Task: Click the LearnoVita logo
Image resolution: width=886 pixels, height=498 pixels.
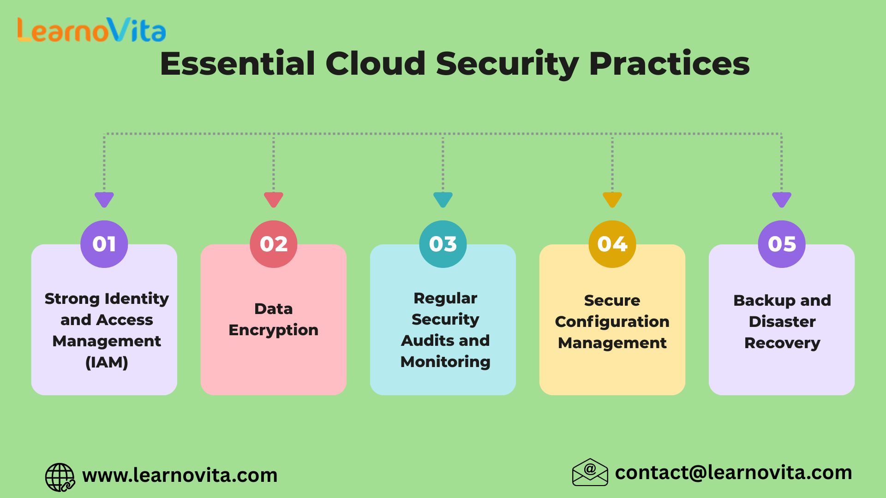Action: point(91,30)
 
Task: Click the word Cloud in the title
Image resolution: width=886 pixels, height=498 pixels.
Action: point(376,63)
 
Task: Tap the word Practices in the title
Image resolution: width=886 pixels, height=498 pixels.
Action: point(670,63)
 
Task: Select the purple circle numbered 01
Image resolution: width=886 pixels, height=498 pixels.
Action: point(104,244)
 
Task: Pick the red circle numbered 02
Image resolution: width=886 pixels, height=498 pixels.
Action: point(274,244)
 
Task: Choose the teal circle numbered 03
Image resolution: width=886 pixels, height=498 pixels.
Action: point(443,244)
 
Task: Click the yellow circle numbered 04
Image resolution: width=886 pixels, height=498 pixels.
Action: point(612,244)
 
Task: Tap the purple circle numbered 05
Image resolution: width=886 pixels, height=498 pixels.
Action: point(782,244)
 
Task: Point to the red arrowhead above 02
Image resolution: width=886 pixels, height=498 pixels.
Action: point(274,199)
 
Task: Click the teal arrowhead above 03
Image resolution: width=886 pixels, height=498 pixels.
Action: point(443,199)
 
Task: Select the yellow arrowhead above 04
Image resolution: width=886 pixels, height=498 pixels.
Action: point(612,199)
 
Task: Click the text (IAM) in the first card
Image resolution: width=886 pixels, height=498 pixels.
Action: point(107,362)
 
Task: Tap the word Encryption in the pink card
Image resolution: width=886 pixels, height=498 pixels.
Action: point(274,331)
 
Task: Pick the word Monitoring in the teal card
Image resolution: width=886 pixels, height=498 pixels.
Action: point(445,362)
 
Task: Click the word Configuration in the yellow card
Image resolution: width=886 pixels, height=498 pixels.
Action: point(612,322)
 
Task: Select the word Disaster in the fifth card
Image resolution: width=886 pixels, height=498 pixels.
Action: point(782,321)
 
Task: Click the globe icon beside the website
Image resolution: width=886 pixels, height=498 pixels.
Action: point(60,477)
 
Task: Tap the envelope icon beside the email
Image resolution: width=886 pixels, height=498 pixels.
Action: point(590,472)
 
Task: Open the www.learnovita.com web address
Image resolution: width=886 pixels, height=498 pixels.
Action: point(180,475)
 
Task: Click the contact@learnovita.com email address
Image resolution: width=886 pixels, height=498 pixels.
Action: point(734,473)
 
